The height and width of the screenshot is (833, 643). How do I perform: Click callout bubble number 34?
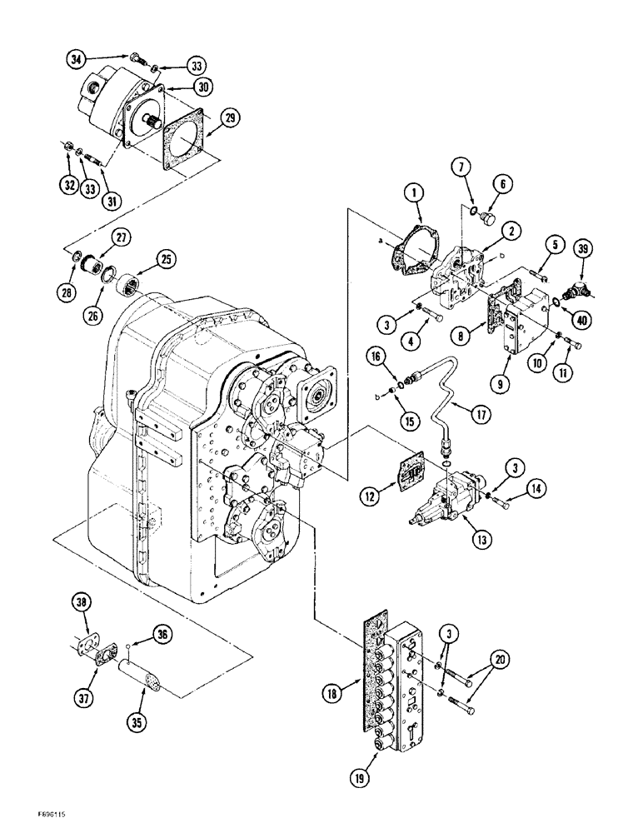[x=77, y=58]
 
